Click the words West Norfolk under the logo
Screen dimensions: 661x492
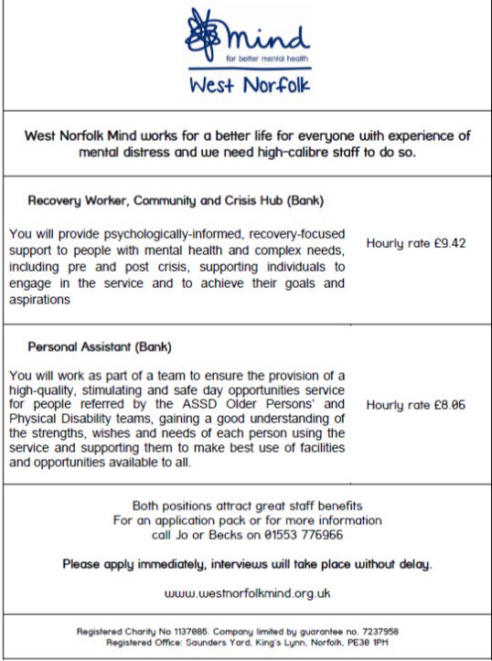tap(250, 86)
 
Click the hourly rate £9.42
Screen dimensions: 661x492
tap(403, 244)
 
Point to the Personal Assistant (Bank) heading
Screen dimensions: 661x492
tap(100, 347)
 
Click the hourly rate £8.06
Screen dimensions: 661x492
tap(403, 404)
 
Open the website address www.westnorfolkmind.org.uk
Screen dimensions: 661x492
tap(247, 592)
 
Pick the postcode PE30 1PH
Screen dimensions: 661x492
tap(361, 642)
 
